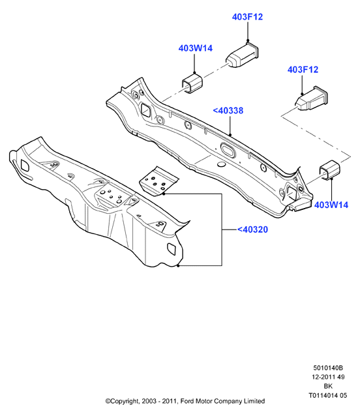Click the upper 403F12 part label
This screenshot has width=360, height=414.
pos(247,17)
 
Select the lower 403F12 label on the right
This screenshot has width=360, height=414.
pos(303,70)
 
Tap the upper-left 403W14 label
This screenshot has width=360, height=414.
pos(195,48)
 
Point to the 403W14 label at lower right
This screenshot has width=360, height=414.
pos(331,205)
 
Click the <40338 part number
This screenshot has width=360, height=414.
pos(228,111)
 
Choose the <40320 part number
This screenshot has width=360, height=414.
pos(252,229)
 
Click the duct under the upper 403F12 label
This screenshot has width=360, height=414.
pos(242,54)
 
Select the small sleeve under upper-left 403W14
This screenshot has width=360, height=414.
pos(192,83)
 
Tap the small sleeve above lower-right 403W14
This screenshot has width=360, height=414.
pos(329,170)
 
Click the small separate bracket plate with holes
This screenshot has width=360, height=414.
pos(158,182)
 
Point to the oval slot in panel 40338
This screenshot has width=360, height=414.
pos(228,149)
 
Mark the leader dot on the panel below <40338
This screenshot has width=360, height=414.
pos(230,135)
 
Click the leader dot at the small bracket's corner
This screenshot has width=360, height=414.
pos(164,194)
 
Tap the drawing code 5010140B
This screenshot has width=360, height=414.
pos(328,368)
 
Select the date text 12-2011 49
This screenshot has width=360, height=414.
pos(328,377)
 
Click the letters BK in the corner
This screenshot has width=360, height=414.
pos(328,386)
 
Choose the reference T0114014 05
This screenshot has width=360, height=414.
pos(328,396)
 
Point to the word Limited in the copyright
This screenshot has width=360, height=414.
pos(254,402)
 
